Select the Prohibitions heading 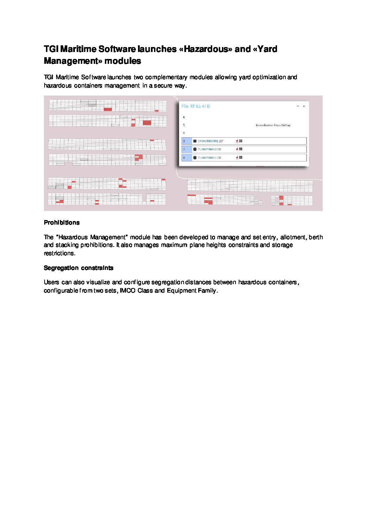click(x=62, y=222)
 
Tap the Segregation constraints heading click(x=78, y=268)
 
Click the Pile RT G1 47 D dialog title click(x=195, y=106)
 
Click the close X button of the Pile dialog click(x=304, y=106)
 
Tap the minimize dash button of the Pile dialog click(x=298, y=106)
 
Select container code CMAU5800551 click(x=208, y=141)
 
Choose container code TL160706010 click(x=207, y=149)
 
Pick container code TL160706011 click(x=207, y=158)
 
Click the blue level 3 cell click(x=186, y=141)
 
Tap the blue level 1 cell click(x=186, y=158)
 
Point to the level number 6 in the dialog click(x=184, y=117)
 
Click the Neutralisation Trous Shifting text click(x=273, y=125)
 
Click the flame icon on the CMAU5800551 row click(x=237, y=141)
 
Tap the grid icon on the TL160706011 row click(x=241, y=158)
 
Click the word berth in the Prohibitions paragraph click(x=316, y=237)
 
